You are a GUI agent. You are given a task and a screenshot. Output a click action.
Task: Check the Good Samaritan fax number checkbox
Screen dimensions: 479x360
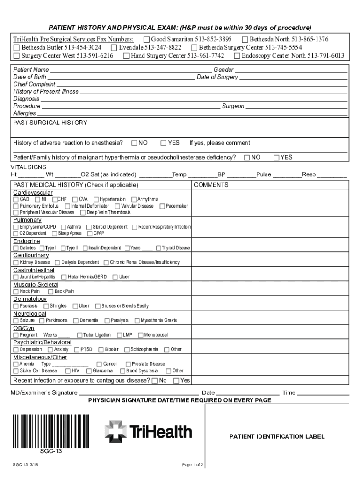(x=147, y=39)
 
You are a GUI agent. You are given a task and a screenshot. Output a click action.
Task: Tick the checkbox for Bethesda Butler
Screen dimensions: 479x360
(x=17, y=48)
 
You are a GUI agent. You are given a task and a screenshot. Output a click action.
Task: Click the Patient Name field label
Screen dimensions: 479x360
(x=31, y=70)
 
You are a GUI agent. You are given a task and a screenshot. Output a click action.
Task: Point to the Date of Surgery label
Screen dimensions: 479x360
(x=217, y=77)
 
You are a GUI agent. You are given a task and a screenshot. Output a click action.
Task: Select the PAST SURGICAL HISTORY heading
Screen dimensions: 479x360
(x=50, y=123)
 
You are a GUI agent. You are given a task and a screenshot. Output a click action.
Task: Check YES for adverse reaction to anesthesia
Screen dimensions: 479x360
(x=164, y=143)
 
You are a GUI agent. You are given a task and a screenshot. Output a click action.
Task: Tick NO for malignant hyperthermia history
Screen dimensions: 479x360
(x=247, y=158)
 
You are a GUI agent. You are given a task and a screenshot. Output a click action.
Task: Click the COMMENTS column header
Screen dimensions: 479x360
(x=211, y=185)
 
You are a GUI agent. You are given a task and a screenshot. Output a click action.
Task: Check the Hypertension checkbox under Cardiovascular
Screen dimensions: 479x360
(x=96, y=200)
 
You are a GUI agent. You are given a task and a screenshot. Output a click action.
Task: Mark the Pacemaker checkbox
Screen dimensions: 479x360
(x=162, y=206)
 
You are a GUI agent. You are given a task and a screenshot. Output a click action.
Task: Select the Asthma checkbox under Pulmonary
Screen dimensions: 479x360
(x=64, y=227)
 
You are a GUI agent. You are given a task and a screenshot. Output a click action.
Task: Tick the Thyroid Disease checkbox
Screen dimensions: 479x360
(x=158, y=248)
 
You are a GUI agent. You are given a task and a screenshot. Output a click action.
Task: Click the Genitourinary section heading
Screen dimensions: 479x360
(x=31, y=255)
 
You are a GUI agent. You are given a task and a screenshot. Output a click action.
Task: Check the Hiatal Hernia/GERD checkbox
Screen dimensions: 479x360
(x=64, y=277)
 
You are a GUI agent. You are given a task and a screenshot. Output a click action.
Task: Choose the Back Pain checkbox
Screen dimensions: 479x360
(x=50, y=291)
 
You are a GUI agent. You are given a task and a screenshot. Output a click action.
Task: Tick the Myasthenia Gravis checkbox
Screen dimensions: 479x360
(x=137, y=321)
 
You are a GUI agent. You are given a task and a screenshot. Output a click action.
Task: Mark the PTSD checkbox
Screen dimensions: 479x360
(x=77, y=349)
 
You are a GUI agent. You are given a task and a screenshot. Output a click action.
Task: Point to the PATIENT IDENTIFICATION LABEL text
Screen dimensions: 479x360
(x=277, y=437)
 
